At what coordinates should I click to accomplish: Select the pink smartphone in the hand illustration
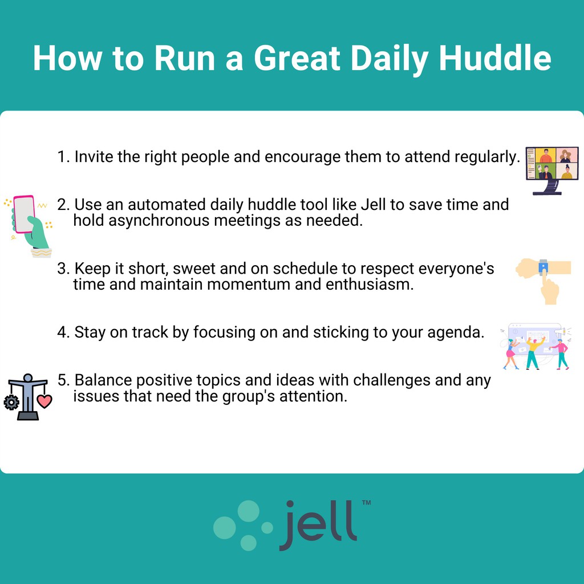pyautogui.click(x=24, y=214)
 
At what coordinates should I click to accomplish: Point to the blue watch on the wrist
pyautogui.click(x=542, y=265)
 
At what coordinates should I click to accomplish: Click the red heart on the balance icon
pyautogui.click(x=44, y=401)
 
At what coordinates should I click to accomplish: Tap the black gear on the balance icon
pyautogui.click(x=11, y=403)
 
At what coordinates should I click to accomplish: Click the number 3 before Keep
pyautogui.click(x=62, y=269)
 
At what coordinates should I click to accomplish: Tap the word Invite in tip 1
pyautogui.click(x=94, y=156)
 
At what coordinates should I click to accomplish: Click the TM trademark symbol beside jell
pyautogui.click(x=366, y=503)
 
